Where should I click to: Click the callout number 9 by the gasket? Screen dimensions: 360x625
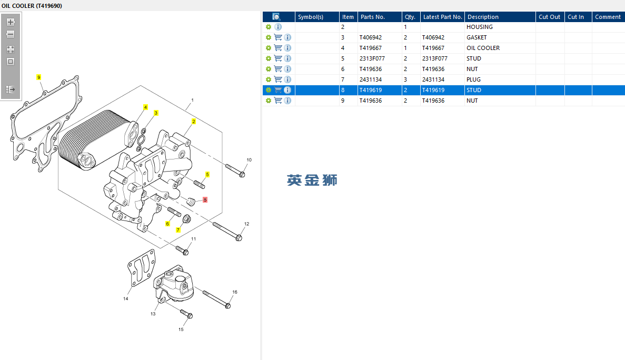38,77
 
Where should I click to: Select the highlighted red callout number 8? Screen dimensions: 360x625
205,200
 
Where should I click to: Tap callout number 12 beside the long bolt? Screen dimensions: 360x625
246,224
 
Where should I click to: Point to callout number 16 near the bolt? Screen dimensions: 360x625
235,292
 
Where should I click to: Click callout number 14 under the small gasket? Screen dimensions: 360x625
126,299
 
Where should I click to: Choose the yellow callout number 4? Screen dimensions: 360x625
146,107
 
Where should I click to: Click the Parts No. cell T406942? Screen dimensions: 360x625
371,37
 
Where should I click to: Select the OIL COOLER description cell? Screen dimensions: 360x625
483,48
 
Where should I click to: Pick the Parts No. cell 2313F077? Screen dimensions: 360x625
372,58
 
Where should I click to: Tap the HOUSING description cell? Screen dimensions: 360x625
479,27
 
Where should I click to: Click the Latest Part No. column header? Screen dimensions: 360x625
442,17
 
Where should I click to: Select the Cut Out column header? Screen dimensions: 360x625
549,17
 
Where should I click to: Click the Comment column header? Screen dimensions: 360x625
608,17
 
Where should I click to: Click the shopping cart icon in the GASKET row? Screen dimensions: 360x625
278,37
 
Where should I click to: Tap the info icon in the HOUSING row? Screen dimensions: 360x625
278,27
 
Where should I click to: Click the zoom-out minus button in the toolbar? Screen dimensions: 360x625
11,34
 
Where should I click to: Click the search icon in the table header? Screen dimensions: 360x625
276,17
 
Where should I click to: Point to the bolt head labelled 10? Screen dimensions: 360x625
242,174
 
